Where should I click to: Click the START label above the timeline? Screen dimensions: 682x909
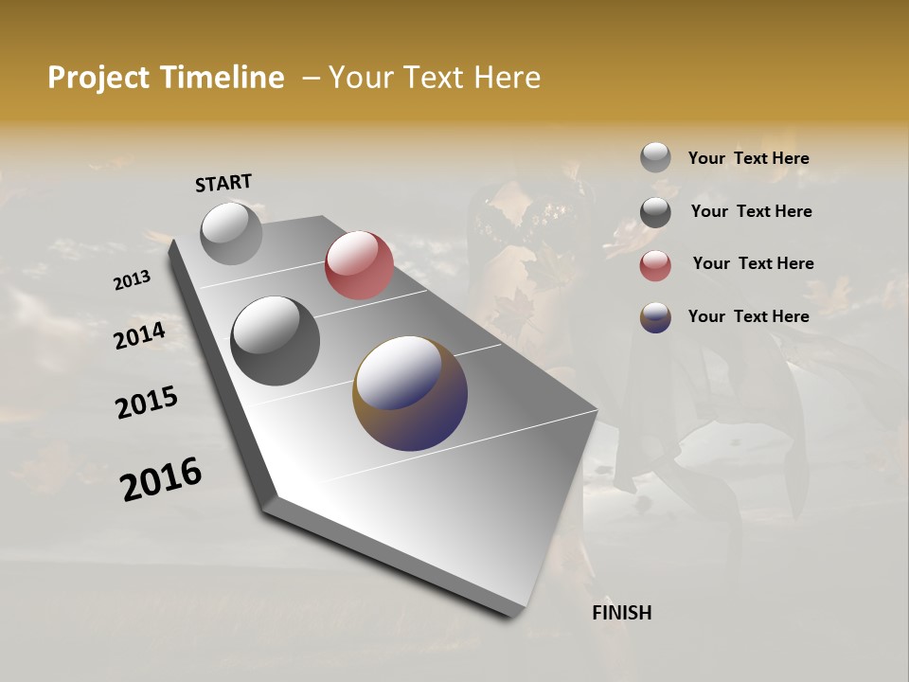[223, 183]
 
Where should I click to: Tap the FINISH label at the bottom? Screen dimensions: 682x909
[621, 613]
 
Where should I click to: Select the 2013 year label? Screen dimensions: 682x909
[132, 280]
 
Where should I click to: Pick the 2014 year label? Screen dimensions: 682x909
[139, 335]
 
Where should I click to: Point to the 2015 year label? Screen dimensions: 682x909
[147, 402]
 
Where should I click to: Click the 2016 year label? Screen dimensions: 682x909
[161, 479]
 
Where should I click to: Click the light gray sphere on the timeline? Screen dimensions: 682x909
[231, 233]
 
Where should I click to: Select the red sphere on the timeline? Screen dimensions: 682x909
[359, 265]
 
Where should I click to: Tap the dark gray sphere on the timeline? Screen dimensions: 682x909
[275, 340]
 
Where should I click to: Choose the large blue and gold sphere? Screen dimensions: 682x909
[410, 393]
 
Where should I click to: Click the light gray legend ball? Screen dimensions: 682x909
[655, 158]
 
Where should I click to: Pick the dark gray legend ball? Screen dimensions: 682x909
[655, 212]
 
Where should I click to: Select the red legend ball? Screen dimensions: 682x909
[655, 265]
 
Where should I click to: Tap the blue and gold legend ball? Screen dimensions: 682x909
[655, 317]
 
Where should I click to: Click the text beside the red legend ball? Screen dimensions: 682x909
[753, 263]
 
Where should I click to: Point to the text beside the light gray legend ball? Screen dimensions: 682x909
[748, 158]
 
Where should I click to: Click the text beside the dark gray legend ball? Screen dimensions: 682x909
[751, 211]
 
